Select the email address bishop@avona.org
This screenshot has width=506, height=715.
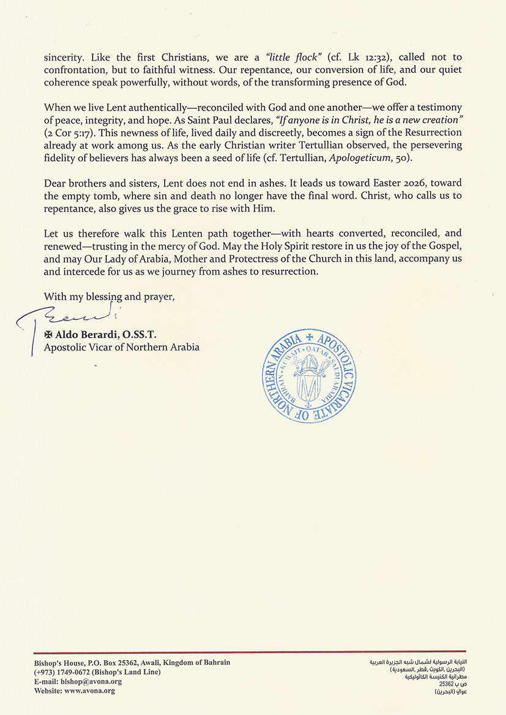coord(87,681)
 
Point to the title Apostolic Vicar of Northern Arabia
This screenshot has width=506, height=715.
coord(121,347)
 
